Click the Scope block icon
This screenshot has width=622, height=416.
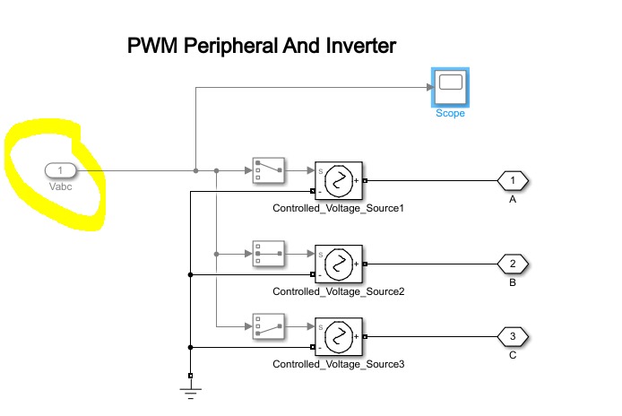tap(450, 86)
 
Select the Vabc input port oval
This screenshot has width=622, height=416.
tap(60, 170)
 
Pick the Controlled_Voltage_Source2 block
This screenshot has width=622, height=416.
tap(338, 264)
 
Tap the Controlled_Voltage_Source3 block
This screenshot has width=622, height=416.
tap(338, 338)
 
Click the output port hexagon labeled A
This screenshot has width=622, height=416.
tap(513, 181)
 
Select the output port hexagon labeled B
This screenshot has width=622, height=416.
tap(513, 264)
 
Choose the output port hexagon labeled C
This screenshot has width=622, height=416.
tap(513, 337)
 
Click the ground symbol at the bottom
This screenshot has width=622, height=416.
tap(191, 387)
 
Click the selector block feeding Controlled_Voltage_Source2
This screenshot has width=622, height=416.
tap(269, 253)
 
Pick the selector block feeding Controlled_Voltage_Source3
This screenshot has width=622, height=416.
tap(269, 326)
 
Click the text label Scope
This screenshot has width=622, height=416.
tap(450, 114)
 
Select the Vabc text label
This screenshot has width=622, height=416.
tap(60, 187)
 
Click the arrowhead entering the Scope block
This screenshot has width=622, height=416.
tap(428, 87)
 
